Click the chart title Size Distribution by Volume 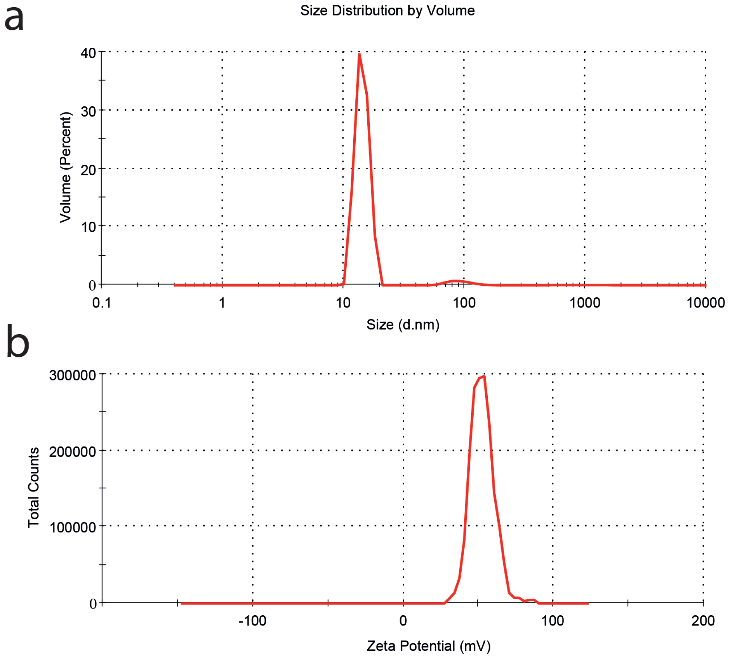coord(387,11)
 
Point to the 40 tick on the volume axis coord(88,53)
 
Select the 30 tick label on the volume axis coord(88,112)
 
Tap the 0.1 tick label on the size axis coord(102,303)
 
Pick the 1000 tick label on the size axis coord(585,303)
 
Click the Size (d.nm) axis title coord(403,324)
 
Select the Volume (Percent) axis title coord(65,167)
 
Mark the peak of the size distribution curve coord(359,54)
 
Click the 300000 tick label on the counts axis coord(72,375)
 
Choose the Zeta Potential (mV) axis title coord(429,646)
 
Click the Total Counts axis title coord(34,487)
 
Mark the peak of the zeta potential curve coord(484,377)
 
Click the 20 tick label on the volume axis coord(88,170)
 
